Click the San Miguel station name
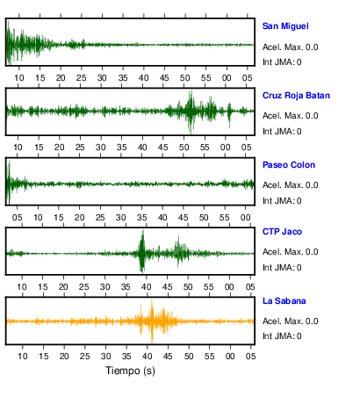point(285,26)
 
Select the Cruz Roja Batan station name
point(296,96)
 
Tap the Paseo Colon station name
point(289,165)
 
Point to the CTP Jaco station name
point(282,232)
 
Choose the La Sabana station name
point(284,301)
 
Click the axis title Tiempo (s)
point(130,371)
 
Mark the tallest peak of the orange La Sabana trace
point(152,301)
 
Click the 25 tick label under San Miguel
point(82,78)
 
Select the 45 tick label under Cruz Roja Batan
point(163,148)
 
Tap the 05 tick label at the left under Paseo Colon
point(17,218)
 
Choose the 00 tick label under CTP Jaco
point(229,287)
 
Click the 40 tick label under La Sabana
point(147,357)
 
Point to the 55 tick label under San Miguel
point(205,78)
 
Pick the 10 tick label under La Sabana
point(23,357)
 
